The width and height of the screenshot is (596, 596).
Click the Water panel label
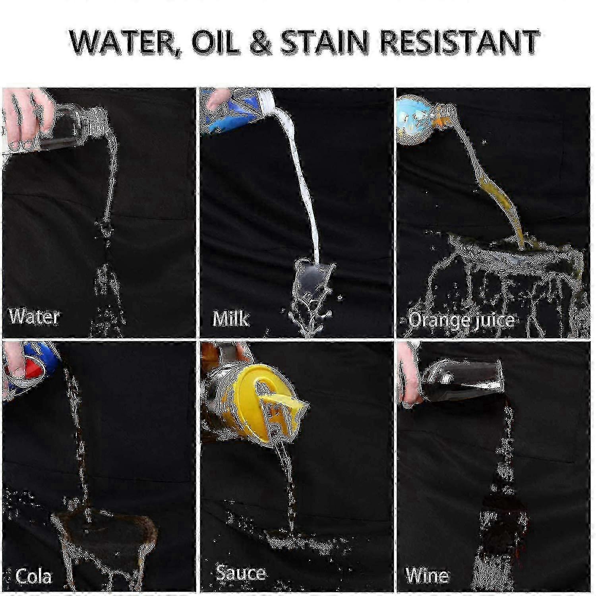34,317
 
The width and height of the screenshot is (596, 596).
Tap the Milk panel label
230,318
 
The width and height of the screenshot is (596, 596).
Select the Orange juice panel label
461,320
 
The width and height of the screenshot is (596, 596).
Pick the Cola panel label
33,576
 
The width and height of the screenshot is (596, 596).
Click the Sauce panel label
241,573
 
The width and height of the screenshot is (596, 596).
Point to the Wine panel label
427,575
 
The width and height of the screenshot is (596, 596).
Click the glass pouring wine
457,381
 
